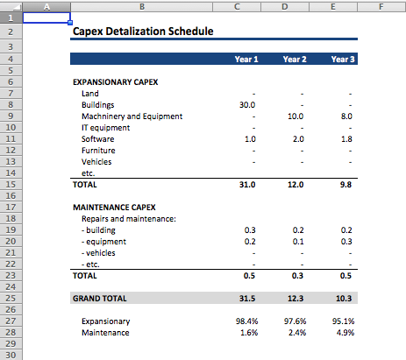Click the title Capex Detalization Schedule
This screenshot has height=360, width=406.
[x=143, y=32]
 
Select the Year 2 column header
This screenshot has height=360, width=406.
[x=295, y=60]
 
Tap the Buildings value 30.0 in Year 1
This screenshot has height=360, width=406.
[x=247, y=105]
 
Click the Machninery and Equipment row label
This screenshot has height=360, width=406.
[x=132, y=116]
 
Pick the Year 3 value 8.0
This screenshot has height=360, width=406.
[x=346, y=116]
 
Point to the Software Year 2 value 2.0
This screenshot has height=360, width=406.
[x=298, y=139]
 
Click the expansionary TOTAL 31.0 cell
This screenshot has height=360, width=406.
[x=247, y=185]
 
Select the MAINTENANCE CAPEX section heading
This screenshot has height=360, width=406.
[x=114, y=208]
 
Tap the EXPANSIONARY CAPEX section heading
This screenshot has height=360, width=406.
[x=116, y=82]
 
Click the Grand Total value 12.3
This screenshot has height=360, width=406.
[x=296, y=299]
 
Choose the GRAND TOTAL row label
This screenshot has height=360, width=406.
[x=100, y=299]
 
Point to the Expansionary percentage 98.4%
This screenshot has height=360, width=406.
[x=247, y=321]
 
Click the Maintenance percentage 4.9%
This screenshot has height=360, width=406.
[x=345, y=333]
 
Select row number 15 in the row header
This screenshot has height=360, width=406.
[x=11, y=185]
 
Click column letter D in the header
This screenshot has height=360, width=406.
[x=285, y=6]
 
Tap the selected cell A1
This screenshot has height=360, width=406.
[x=46, y=18]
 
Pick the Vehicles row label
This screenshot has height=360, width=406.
[x=96, y=162]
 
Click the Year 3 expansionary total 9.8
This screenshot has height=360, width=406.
[x=345, y=185]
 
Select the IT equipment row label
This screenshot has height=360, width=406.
[x=105, y=128]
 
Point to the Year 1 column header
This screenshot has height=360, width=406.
[x=246, y=60]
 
